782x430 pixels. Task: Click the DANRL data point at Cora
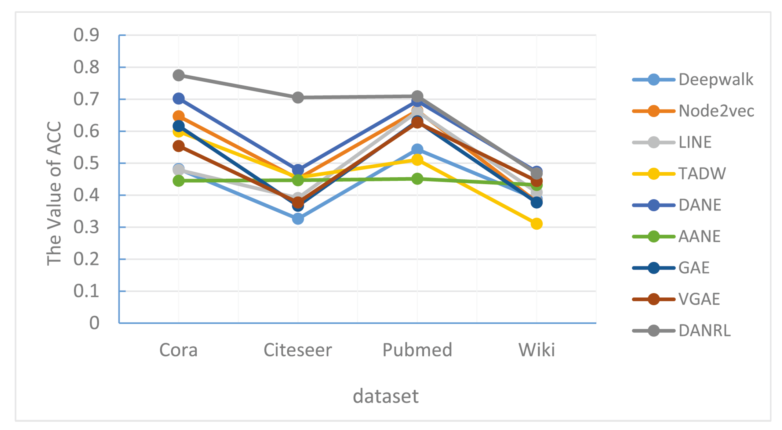[x=179, y=75]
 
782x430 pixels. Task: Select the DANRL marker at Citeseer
[x=298, y=98]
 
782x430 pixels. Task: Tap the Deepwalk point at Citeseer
[x=298, y=219]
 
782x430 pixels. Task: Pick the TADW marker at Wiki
[x=536, y=224]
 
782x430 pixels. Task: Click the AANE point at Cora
[x=179, y=181]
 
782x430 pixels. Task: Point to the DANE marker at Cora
[x=179, y=99]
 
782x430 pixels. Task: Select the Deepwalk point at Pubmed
[x=417, y=149]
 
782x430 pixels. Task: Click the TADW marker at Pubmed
[x=417, y=159]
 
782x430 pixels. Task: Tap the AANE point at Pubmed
[x=417, y=179]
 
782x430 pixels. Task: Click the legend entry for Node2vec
[x=716, y=111]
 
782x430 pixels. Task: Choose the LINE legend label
[x=695, y=142]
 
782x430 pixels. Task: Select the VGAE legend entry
[x=699, y=299]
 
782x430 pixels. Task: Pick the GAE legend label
[x=694, y=268]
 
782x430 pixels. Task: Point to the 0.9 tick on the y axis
[x=86, y=35]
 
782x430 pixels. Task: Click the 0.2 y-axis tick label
[x=86, y=259]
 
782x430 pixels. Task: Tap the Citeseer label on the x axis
[x=298, y=350]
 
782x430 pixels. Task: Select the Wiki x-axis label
[x=536, y=350]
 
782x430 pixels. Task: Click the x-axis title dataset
[x=386, y=396]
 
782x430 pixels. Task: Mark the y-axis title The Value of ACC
[x=54, y=193]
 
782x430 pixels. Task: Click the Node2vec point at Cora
[x=179, y=116]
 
